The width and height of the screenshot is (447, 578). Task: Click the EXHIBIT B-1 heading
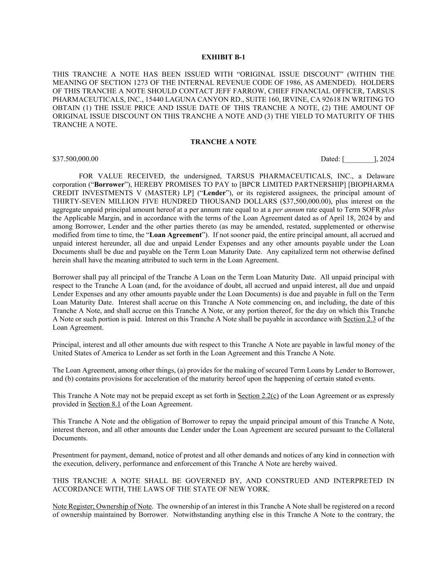tap(223, 57)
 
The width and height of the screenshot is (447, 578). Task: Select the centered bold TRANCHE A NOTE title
tap(223, 142)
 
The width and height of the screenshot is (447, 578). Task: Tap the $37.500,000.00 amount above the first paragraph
tap(75, 159)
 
